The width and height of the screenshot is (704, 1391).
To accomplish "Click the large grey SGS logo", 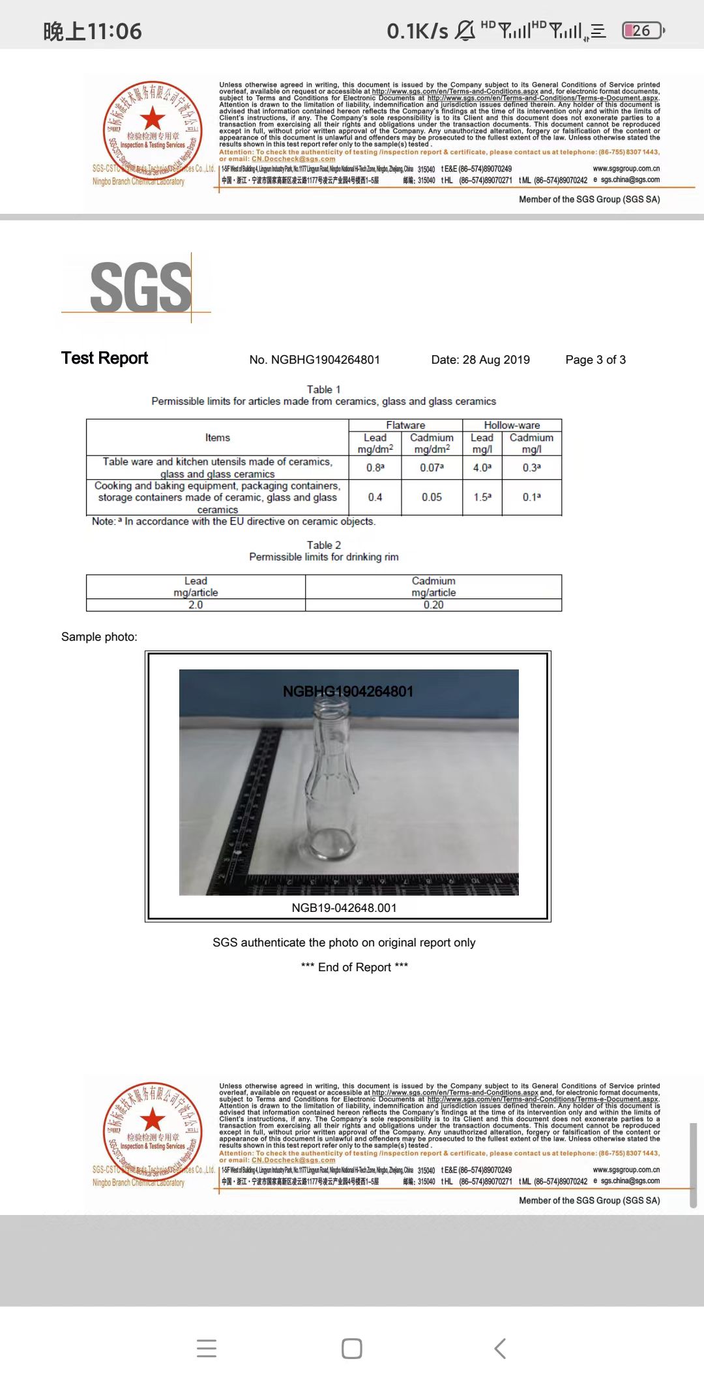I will pyautogui.click(x=140, y=287).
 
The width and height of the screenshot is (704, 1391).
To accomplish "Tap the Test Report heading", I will pyautogui.click(x=104, y=359).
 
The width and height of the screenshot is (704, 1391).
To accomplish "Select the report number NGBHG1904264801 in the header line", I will pyautogui.click(x=314, y=360).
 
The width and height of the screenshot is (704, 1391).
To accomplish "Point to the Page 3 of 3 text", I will pyautogui.click(x=595, y=360).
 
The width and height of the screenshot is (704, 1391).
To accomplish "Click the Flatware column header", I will pyautogui.click(x=405, y=425).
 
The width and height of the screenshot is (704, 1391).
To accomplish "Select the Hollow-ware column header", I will pyautogui.click(x=512, y=425).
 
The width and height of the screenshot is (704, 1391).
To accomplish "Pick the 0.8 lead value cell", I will pyautogui.click(x=375, y=467).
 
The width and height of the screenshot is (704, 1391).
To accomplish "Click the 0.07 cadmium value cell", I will pyautogui.click(x=432, y=467).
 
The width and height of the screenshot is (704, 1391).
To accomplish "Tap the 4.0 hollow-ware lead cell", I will pyautogui.click(x=482, y=467).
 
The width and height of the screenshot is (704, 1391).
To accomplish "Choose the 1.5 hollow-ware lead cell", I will pyautogui.click(x=482, y=497).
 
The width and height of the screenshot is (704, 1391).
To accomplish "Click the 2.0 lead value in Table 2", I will pyautogui.click(x=196, y=605).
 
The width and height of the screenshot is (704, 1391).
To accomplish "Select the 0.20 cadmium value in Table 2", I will pyautogui.click(x=433, y=605).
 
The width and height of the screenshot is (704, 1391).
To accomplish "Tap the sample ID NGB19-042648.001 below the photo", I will pyautogui.click(x=344, y=908).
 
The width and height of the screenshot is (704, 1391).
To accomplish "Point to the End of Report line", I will pyautogui.click(x=355, y=967).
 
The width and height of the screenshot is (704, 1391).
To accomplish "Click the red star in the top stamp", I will pyautogui.click(x=153, y=119).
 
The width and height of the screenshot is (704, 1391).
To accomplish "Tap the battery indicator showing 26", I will pyautogui.click(x=642, y=31).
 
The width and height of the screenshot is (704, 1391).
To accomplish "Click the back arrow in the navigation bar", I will pyautogui.click(x=500, y=1348).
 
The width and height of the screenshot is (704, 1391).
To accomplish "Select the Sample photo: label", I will pyautogui.click(x=99, y=637).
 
